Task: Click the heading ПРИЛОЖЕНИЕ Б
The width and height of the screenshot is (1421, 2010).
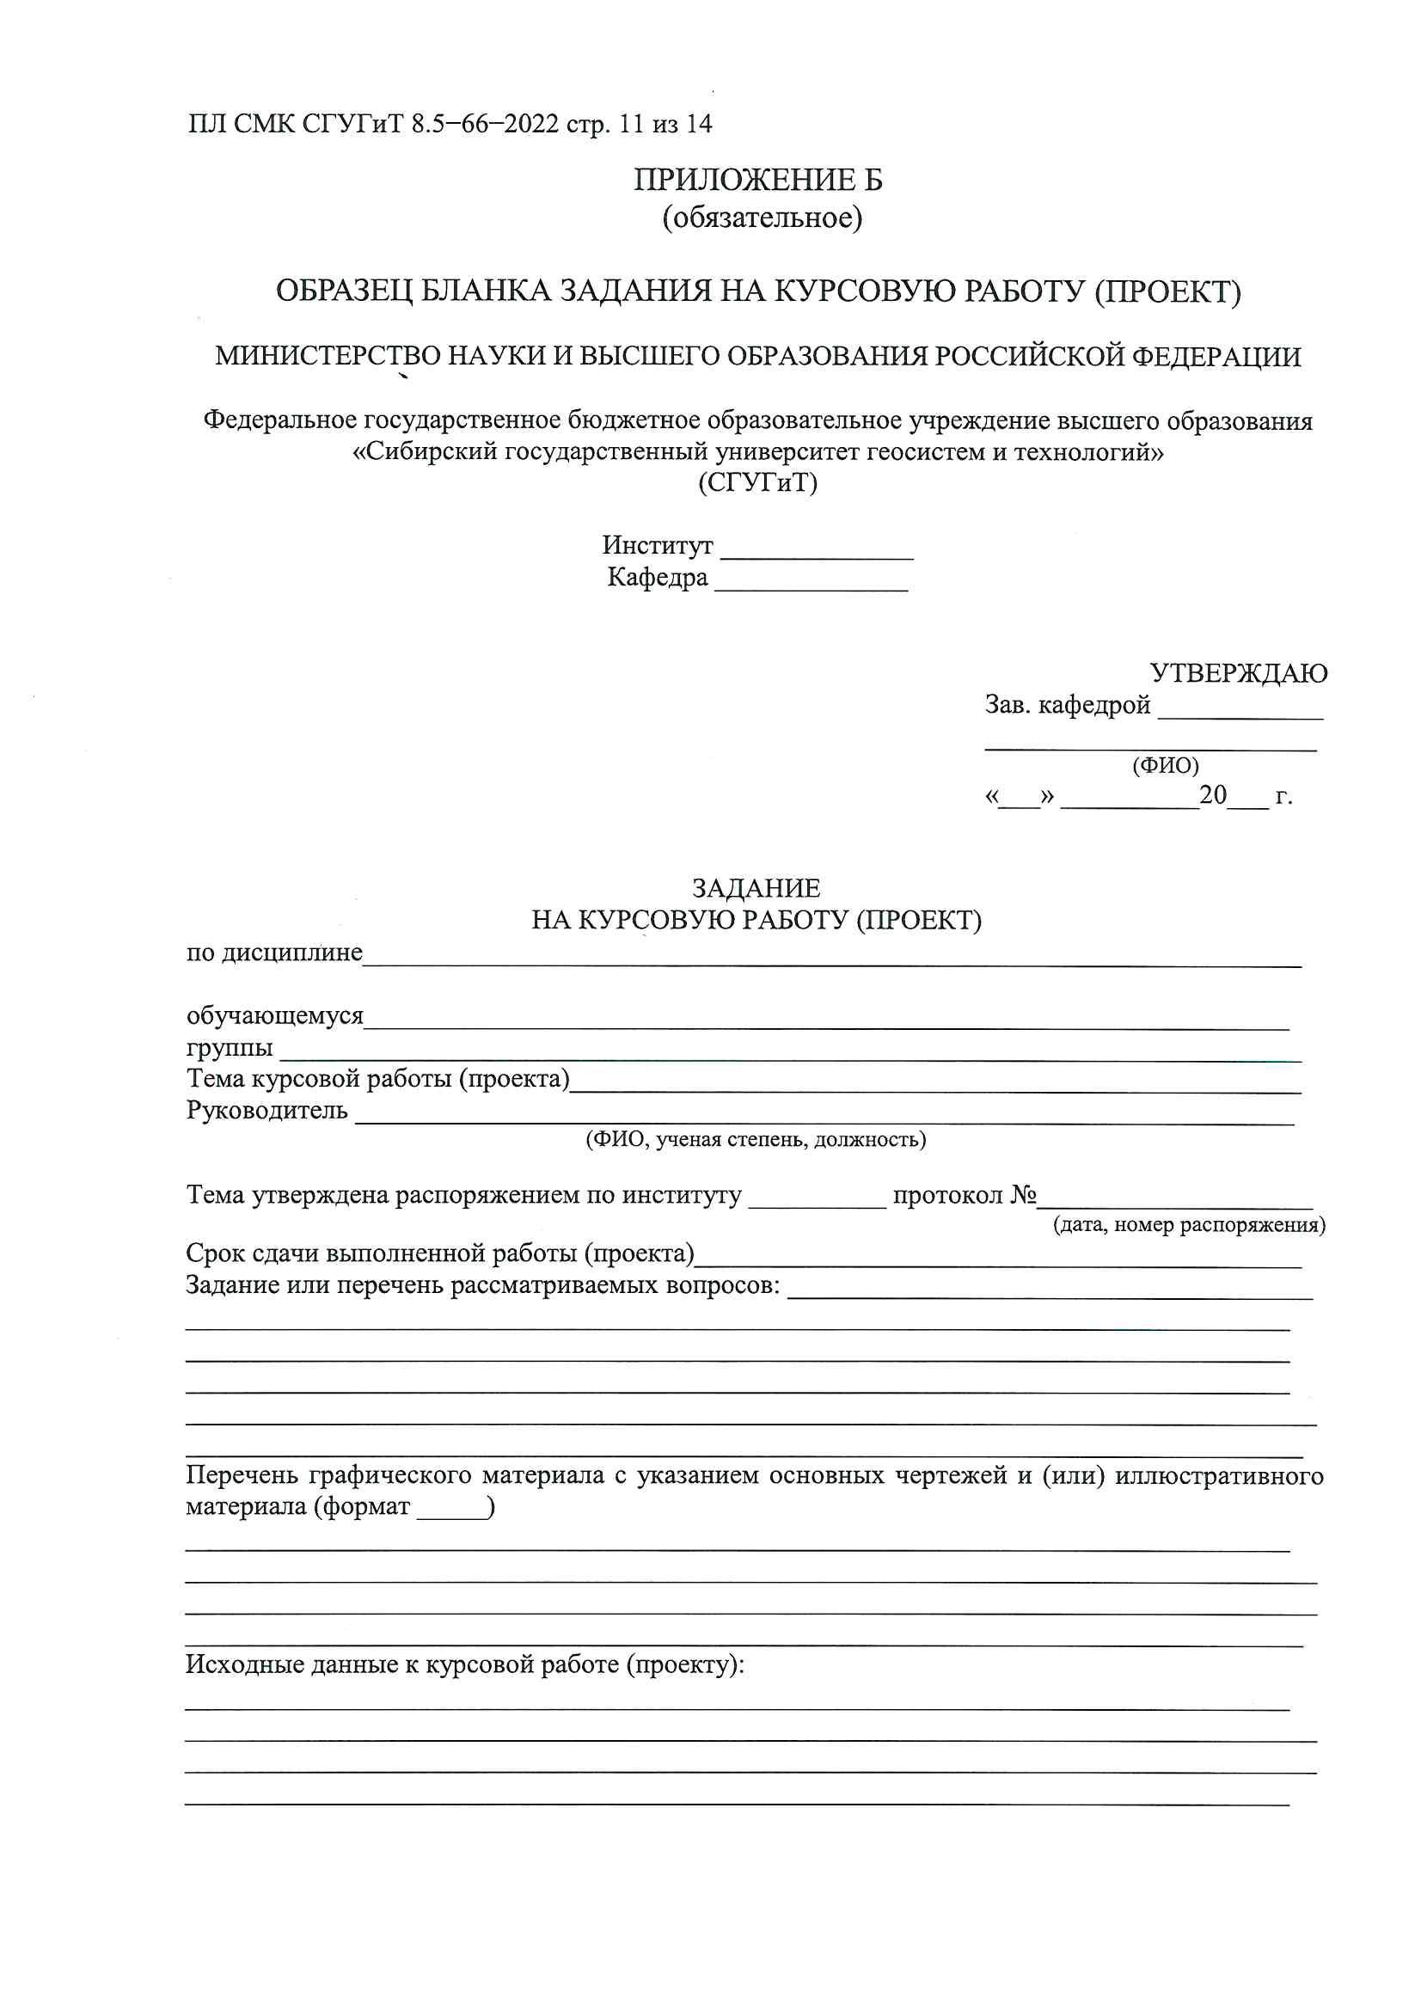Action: tap(758, 181)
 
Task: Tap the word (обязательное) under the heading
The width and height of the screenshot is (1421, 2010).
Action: tap(762, 218)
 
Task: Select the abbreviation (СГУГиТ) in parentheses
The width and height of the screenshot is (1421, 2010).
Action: tap(757, 482)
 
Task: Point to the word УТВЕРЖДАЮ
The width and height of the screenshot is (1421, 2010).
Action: tap(1238, 673)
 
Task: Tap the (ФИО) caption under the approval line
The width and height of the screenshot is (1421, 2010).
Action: tap(1166, 766)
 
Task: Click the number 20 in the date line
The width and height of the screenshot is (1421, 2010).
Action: tap(1213, 795)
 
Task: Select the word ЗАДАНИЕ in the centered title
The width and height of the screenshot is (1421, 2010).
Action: tap(756, 889)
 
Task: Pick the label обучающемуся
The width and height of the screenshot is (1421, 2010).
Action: tap(275, 1016)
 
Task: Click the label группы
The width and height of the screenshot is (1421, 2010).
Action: tap(230, 1048)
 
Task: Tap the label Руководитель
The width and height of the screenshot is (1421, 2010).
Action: tap(267, 1111)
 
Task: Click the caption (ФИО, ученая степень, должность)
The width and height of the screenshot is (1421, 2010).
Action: tap(756, 1140)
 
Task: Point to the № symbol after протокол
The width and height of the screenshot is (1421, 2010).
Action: tap(1024, 1196)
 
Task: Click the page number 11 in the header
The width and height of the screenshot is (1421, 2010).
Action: tap(630, 125)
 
